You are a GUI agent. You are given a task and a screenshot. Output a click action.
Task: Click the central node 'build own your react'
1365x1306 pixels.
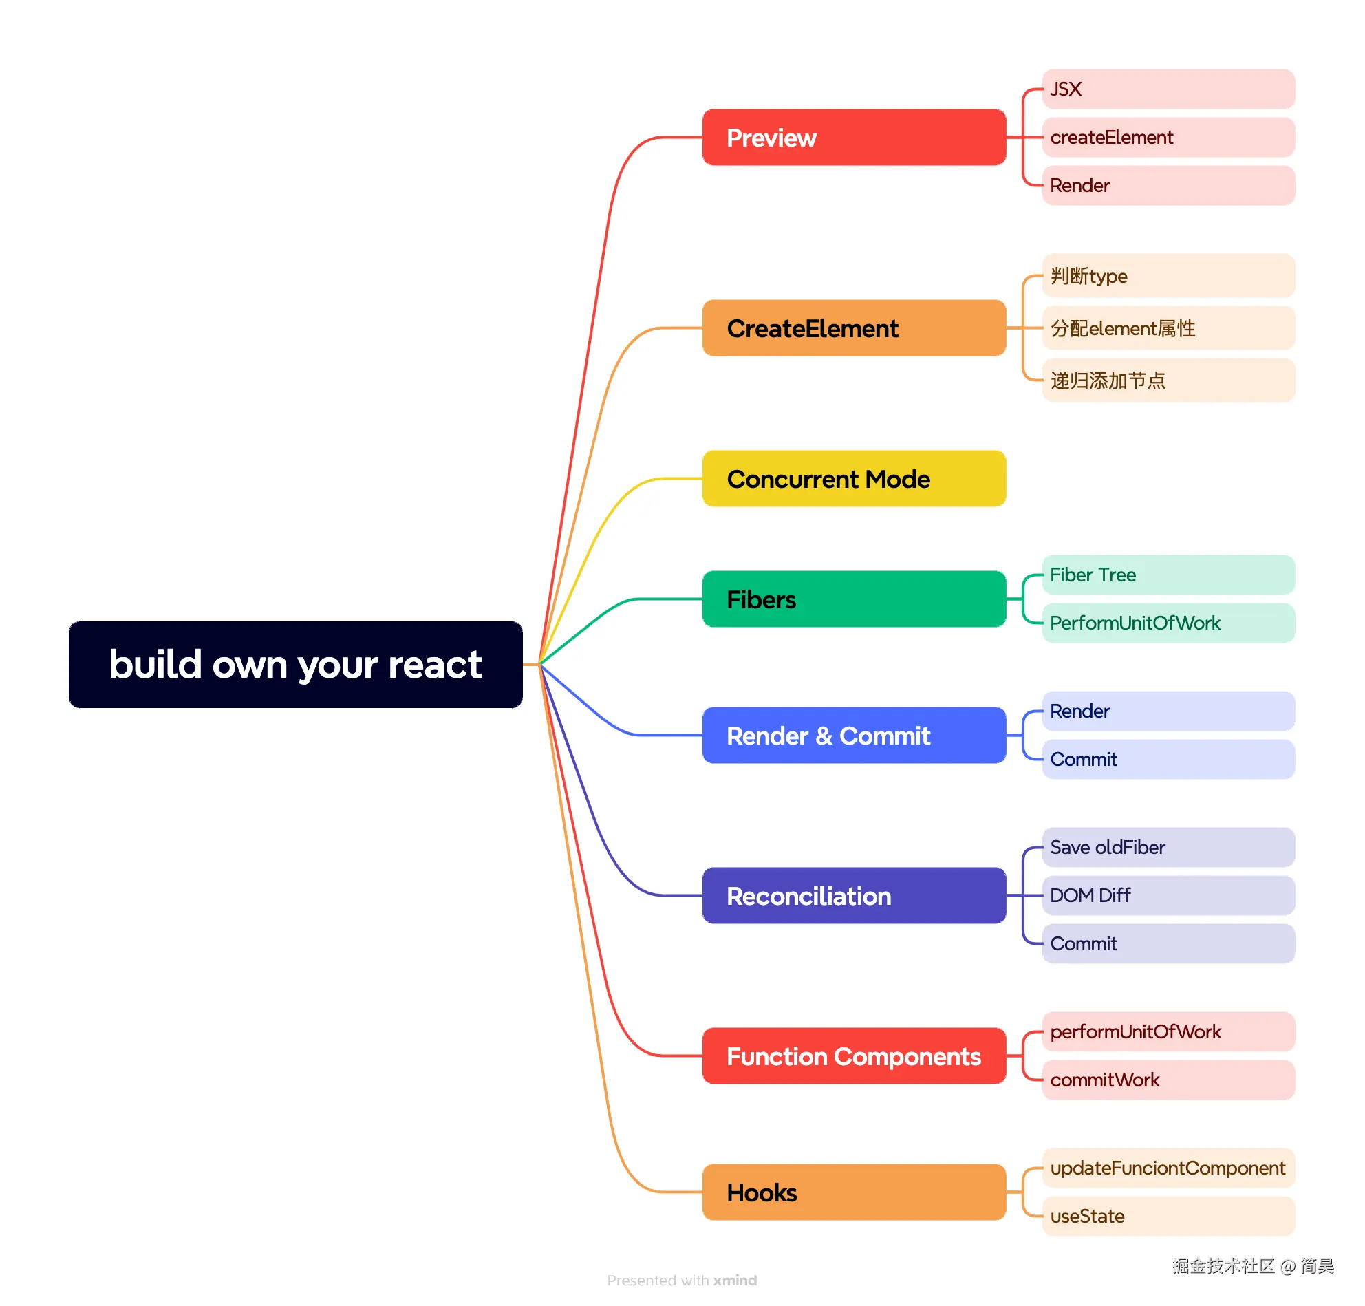[295, 664]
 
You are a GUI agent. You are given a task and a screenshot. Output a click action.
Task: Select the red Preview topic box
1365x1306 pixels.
[853, 137]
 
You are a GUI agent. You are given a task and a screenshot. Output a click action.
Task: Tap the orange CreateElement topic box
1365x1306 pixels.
[853, 328]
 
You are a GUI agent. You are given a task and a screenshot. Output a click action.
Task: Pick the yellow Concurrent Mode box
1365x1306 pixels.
[853, 478]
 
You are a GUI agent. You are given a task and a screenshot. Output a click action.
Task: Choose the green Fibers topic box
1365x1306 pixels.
[853, 599]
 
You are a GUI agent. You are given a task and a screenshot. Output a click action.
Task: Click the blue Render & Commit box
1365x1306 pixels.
[853, 735]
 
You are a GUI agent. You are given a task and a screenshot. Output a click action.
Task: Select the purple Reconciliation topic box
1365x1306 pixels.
[853, 895]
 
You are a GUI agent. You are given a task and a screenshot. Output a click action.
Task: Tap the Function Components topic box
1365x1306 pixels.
[853, 1056]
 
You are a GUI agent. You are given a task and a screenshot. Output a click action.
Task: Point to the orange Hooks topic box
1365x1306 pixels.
[853, 1192]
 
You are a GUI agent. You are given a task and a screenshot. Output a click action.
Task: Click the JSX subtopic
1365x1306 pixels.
[1168, 89]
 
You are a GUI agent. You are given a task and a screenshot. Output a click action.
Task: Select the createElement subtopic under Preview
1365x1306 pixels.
[1168, 137]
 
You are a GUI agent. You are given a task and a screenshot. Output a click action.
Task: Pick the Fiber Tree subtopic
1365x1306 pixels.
[1168, 575]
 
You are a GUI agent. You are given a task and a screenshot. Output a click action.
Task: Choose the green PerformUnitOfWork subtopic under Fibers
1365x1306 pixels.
[1168, 622]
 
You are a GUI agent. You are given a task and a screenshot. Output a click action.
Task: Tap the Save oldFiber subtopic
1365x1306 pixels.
[1168, 847]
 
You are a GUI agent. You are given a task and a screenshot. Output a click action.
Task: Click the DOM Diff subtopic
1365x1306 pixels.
[1168, 895]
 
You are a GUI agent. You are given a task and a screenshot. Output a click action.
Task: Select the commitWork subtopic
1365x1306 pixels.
[1168, 1080]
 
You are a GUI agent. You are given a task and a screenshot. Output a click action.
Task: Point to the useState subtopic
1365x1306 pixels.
[1168, 1216]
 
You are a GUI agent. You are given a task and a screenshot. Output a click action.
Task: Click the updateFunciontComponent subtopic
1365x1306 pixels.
[1168, 1168]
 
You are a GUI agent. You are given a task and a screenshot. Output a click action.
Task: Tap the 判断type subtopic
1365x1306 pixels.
[1168, 276]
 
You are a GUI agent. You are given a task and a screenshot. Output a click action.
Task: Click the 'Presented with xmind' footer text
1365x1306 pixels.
[681, 1281]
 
